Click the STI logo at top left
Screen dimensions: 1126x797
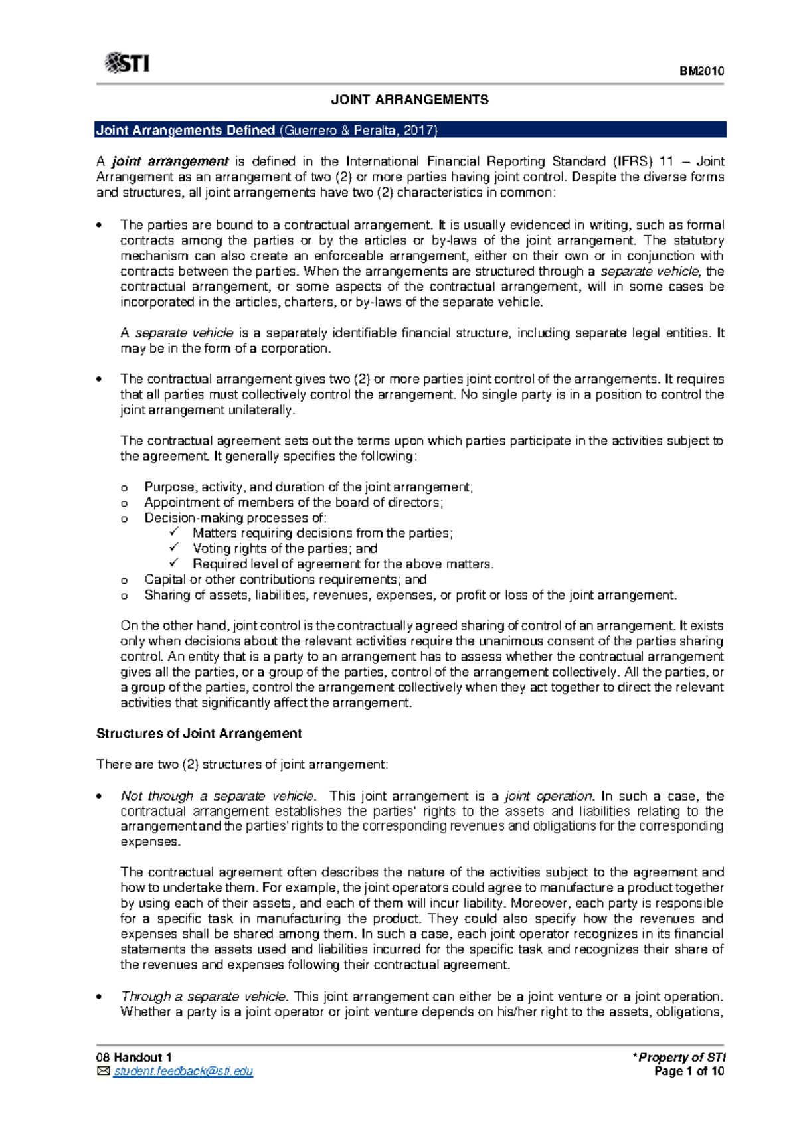126,64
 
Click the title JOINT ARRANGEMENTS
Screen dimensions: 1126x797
410,100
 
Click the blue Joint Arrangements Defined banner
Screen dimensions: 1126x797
410,130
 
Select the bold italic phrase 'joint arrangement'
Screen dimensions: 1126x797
170,161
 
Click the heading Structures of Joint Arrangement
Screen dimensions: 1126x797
199,734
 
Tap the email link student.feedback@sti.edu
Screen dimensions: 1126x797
183,1072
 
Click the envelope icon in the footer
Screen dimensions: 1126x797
102,1072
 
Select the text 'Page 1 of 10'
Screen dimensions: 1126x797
689,1072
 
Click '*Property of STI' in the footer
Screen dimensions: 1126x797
679,1058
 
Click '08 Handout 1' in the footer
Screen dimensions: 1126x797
134,1058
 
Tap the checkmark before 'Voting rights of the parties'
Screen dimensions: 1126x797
174,548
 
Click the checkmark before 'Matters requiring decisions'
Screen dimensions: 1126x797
174,532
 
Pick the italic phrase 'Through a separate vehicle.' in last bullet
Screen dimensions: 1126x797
204,997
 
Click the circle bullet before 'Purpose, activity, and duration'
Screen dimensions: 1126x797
124,488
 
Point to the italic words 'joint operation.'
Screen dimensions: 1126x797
549,796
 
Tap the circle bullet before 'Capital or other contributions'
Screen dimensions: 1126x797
124,580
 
